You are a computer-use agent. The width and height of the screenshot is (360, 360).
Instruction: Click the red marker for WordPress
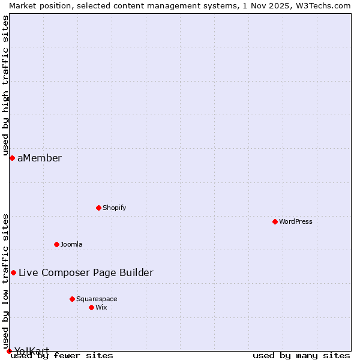275,221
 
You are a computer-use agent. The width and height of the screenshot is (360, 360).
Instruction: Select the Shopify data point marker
98,208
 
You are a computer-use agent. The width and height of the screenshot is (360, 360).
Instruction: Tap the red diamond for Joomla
56,244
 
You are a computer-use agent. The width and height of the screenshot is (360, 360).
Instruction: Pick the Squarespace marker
72,299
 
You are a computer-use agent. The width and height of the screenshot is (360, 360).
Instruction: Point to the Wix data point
91,307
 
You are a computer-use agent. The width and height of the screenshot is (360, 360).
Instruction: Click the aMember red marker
12,158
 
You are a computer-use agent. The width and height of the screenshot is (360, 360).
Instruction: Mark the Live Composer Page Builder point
13,272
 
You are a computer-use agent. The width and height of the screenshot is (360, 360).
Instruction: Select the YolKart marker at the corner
9,351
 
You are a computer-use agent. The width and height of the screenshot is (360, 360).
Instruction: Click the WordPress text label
296,221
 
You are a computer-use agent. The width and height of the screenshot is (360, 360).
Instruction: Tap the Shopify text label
114,208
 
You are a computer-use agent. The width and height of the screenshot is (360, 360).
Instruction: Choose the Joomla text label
71,244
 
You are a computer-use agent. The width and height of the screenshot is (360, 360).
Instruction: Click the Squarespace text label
97,299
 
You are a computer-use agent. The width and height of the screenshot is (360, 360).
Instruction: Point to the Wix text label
101,307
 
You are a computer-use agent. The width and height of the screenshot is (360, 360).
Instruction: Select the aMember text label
40,158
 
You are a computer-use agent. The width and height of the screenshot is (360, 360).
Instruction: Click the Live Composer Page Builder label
86,272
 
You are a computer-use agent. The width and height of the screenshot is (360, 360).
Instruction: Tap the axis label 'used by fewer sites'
62,355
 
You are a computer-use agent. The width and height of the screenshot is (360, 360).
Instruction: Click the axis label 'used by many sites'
301,355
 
